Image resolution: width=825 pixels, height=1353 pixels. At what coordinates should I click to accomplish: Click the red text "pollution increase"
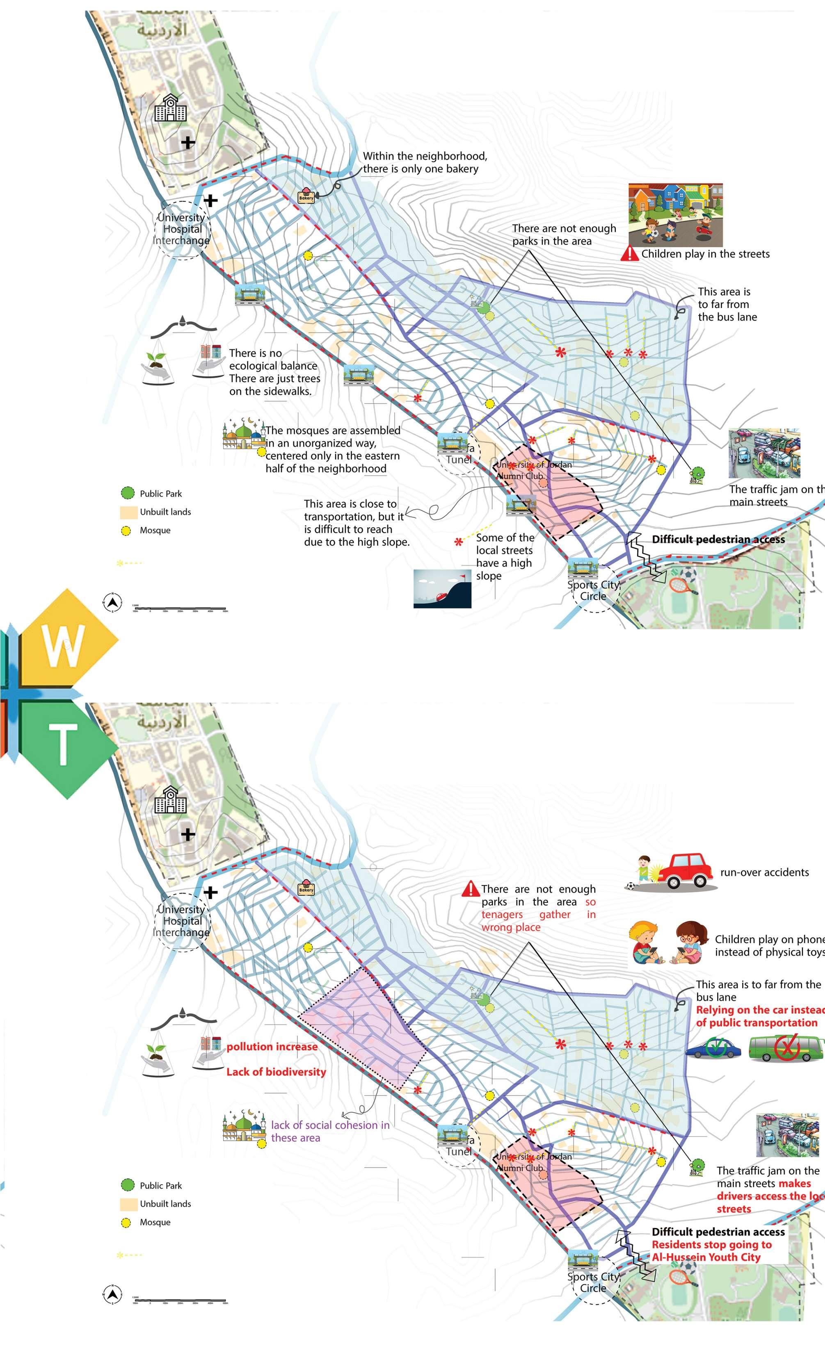[272, 1047]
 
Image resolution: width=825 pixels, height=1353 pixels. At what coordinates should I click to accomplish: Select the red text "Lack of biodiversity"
[276, 1072]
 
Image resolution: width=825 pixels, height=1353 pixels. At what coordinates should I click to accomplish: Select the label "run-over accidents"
[764, 872]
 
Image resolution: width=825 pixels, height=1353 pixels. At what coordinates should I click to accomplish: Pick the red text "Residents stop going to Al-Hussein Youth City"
[711, 1251]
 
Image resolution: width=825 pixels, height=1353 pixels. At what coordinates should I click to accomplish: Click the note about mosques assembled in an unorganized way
[332, 449]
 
